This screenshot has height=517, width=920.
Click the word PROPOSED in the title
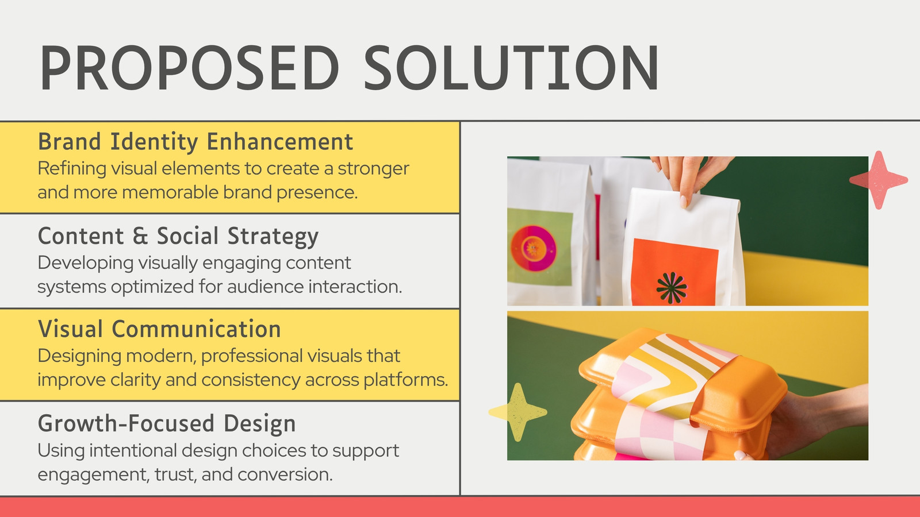coord(189,68)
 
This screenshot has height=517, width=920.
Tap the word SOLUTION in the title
coord(512,68)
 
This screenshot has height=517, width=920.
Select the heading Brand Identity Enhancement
coord(195,142)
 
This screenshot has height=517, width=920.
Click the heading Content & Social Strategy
coord(178,236)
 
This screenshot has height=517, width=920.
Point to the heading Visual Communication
coord(159,329)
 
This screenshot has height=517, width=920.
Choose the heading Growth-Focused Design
coord(167,423)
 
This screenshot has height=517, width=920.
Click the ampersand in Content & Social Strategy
coord(140,236)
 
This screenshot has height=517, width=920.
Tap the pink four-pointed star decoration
coord(879,180)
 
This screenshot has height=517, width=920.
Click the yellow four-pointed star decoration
coord(518,412)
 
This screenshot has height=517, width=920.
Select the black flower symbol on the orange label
coord(672,288)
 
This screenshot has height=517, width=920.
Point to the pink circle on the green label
coord(533,248)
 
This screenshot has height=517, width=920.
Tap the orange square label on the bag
coord(674,272)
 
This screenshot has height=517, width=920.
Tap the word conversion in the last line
coord(285,474)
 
